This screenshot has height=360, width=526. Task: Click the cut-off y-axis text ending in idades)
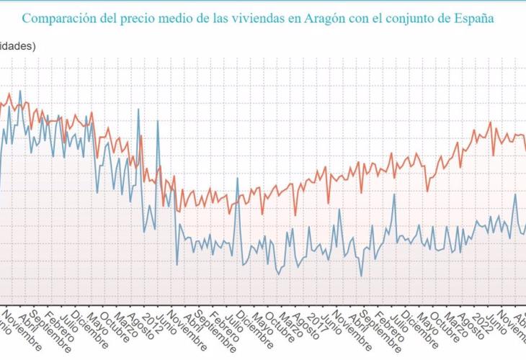pos(18,45)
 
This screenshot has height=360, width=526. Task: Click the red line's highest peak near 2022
pos(490,122)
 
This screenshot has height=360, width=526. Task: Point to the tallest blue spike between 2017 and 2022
pos(395,194)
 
